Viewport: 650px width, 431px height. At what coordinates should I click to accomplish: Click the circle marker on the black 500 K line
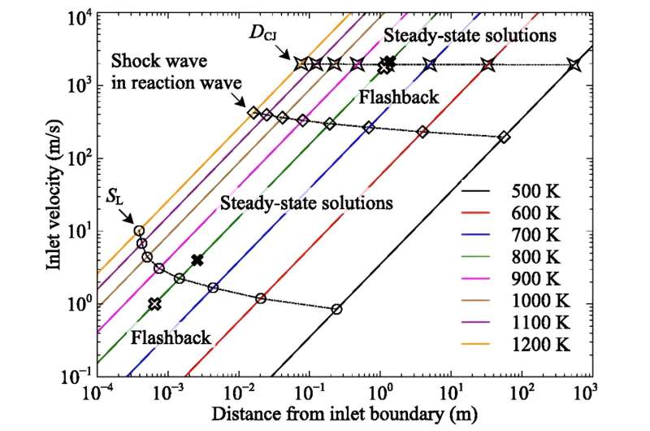(336, 309)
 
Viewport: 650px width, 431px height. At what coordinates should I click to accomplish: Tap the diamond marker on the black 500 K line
(504, 137)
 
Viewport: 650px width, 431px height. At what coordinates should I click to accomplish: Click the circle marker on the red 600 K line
(261, 298)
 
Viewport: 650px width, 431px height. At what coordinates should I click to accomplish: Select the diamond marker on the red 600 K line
(422, 132)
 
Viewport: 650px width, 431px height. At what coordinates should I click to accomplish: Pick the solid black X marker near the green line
(197, 260)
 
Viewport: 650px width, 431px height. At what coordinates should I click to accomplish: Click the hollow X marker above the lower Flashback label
(154, 304)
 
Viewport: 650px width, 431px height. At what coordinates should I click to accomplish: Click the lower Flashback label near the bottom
(167, 337)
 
